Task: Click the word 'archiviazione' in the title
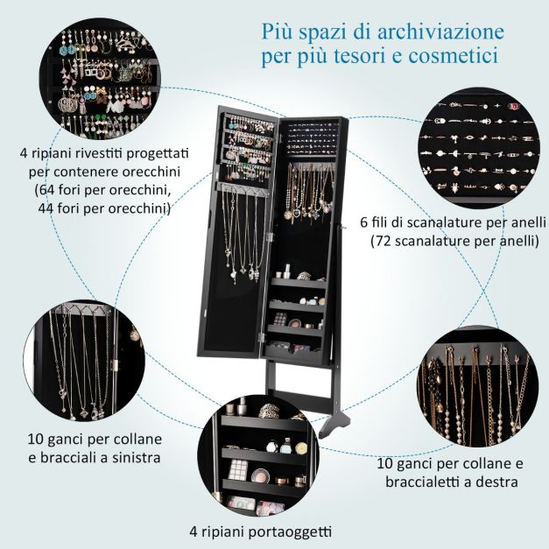pos(440,32)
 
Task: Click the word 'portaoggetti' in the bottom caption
pos(290,532)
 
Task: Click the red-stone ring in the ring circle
pos(514,106)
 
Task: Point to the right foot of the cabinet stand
pos(337,422)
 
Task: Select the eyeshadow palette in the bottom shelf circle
pos(238,469)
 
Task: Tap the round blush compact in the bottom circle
pos(260,476)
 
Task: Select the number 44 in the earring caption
pos(46,208)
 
